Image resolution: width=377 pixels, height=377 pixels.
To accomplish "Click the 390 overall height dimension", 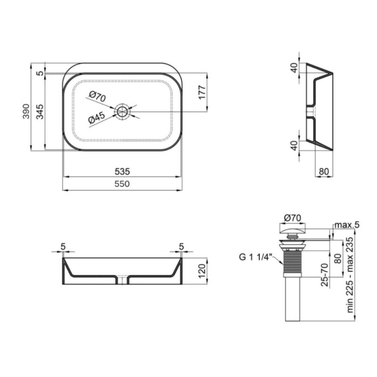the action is point(26,111).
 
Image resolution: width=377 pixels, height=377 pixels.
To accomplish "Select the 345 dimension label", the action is point(40,112).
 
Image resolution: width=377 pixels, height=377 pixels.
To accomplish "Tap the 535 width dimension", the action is point(122,172).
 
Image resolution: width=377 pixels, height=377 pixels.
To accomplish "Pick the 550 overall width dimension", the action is point(122,184).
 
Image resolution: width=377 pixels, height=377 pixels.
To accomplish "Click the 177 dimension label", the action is point(202,92).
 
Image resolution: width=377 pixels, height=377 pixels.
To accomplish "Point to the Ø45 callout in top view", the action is point(97,118).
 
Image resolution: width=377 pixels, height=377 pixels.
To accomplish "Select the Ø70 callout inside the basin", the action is point(98,97).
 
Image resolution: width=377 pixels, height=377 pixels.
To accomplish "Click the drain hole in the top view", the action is point(123,112).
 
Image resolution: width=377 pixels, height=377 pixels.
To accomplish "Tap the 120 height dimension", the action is point(202,271).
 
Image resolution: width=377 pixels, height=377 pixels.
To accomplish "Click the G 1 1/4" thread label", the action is point(255,257).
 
